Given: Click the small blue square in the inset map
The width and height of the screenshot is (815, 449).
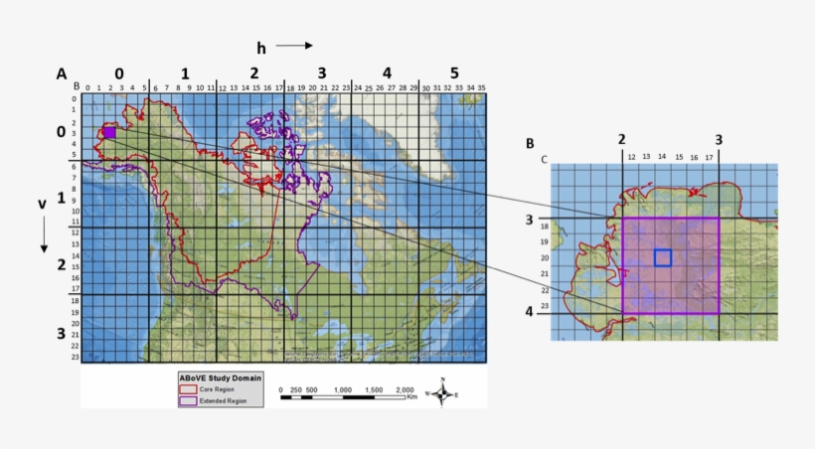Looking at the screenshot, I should pyautogui.click(x=663, y=258).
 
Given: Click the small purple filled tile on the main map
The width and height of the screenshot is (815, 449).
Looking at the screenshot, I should pyautogui.click(x=109, y=132).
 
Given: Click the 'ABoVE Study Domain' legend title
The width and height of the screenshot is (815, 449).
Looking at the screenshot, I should pyautogui.click(x=219, y=378).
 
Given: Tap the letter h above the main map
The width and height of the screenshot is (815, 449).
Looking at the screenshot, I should pyautogui.click(x=261, y=47).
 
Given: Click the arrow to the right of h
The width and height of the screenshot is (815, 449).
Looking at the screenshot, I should pyautogui.click(x=294, y=46).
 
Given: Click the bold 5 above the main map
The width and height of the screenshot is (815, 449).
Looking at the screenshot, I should pyautogui.click(x=454, y=74).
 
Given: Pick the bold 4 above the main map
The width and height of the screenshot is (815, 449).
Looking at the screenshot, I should pyautogui.click(x=387, y=74).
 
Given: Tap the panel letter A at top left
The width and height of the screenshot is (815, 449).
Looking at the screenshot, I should pyautogui.click(x=61, y=74).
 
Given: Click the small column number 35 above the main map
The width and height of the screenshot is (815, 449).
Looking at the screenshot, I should pyautogui.click(x=481, y=89).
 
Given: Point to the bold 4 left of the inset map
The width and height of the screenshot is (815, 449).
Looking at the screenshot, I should pyautogui.click(x=530, y=312).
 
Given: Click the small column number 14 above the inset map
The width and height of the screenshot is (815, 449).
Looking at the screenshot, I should pyautogui.click(x=662, y=157).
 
